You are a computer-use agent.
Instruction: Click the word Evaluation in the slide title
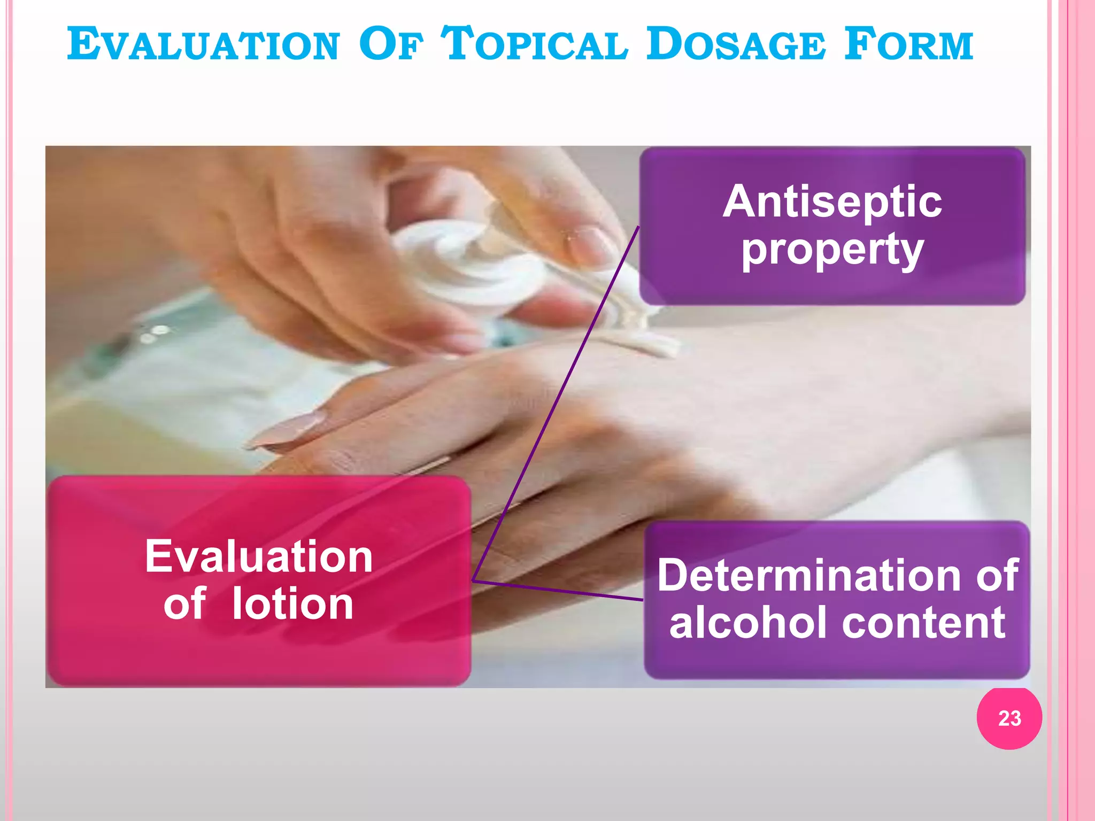203,45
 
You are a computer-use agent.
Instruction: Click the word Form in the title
909,45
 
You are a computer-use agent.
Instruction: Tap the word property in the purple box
832,250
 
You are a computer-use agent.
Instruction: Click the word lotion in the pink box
292,604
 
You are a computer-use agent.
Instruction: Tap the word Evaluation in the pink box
259,557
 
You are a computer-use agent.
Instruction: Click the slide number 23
1009,718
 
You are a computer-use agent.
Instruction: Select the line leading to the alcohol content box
556,590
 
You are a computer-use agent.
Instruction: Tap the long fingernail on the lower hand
289,428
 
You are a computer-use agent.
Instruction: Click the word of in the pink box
184,604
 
